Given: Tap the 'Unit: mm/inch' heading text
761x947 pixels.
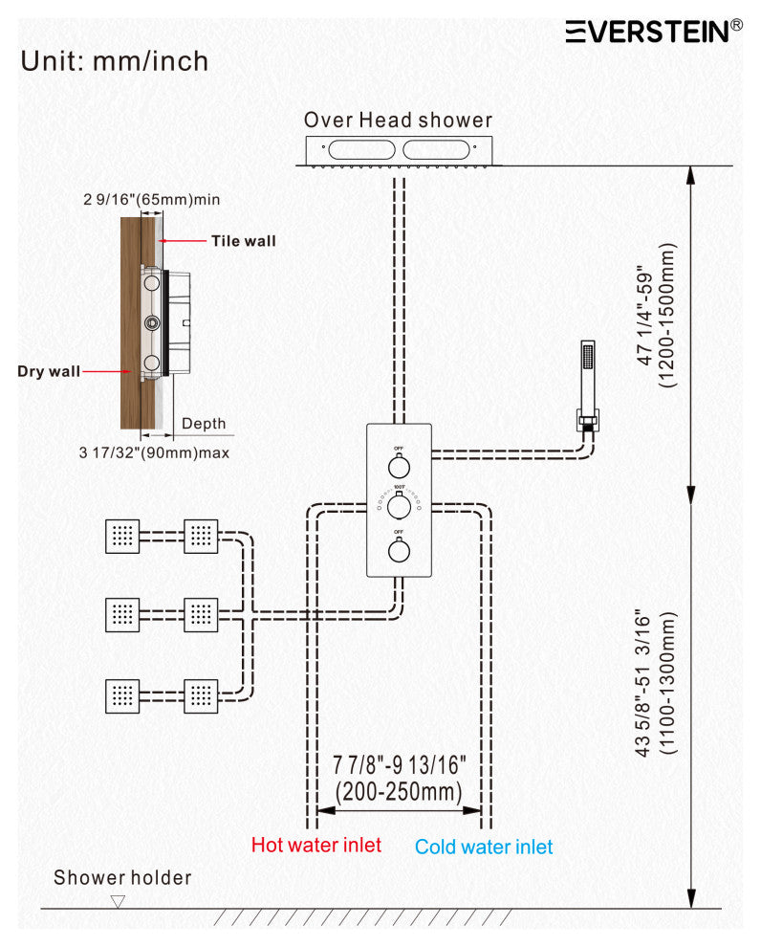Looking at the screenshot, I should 115,61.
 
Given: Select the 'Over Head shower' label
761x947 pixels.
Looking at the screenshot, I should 398,121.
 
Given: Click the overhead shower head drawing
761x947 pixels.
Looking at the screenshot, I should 398,151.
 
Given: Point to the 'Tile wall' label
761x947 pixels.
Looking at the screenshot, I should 243,241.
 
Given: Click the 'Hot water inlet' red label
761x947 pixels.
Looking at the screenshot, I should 315,846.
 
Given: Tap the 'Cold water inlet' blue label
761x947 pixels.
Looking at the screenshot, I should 484,848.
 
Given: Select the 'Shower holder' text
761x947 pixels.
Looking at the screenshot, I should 122,877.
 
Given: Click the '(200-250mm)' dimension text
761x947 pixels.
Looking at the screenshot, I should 399,791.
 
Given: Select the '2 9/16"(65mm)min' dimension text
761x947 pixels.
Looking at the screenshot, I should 152,200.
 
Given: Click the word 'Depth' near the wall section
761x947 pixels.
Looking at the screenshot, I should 204,424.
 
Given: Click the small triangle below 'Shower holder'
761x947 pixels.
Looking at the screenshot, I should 118,901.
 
